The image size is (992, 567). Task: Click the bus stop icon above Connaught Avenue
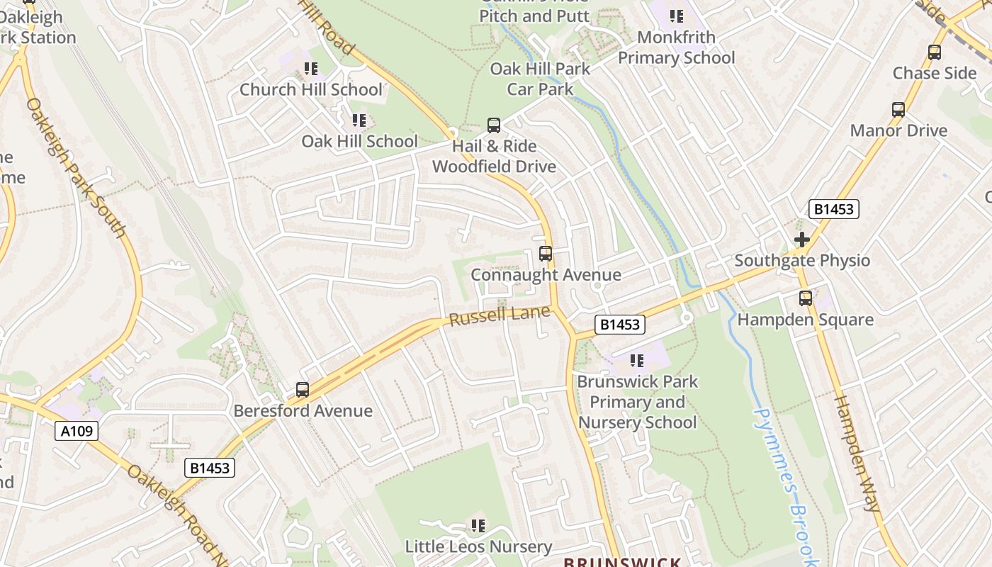[x=546, y=254]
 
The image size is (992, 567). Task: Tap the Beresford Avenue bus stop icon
[x=303, y=390]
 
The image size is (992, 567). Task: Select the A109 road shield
[x=77, y=430]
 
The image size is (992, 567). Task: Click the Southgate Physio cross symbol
[x=802, y=240]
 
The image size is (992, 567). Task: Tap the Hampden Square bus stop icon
[x=805, y=298]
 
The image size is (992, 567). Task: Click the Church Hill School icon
[x=310, y=69]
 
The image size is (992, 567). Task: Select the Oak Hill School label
[x=359, y=141]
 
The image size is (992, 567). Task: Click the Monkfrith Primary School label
[x=677, y=47]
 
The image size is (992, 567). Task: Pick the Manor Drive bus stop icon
[x=898, y=110]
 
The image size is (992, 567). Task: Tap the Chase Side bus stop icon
[x=935, y=52]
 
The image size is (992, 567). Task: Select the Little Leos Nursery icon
[x=478, y=526]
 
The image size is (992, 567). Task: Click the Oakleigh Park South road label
[x=76, y=168]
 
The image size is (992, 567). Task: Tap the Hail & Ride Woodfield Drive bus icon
[x=494, y=126]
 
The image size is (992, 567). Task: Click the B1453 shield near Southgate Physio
[x=834, y=209]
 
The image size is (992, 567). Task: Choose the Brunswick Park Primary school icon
[x=636, y=361]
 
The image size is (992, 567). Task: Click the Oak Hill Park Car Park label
[x=540, y=79]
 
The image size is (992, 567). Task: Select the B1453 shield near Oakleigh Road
[x=210, y=468]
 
